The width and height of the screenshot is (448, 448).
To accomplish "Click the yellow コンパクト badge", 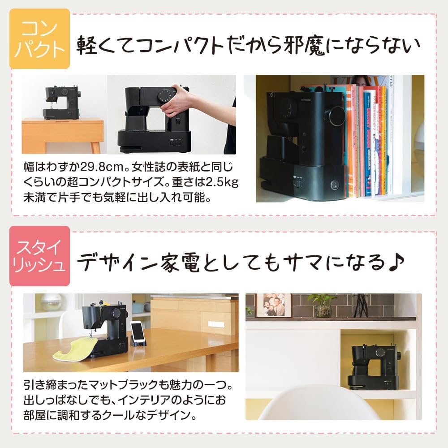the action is (x=40, y=39).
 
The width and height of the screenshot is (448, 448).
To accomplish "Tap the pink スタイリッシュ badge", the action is (x=40, y=256).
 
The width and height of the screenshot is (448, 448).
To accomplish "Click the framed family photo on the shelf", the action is (x=273, y=305).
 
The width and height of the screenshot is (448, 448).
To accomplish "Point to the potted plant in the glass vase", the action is (x=323, y=306).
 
